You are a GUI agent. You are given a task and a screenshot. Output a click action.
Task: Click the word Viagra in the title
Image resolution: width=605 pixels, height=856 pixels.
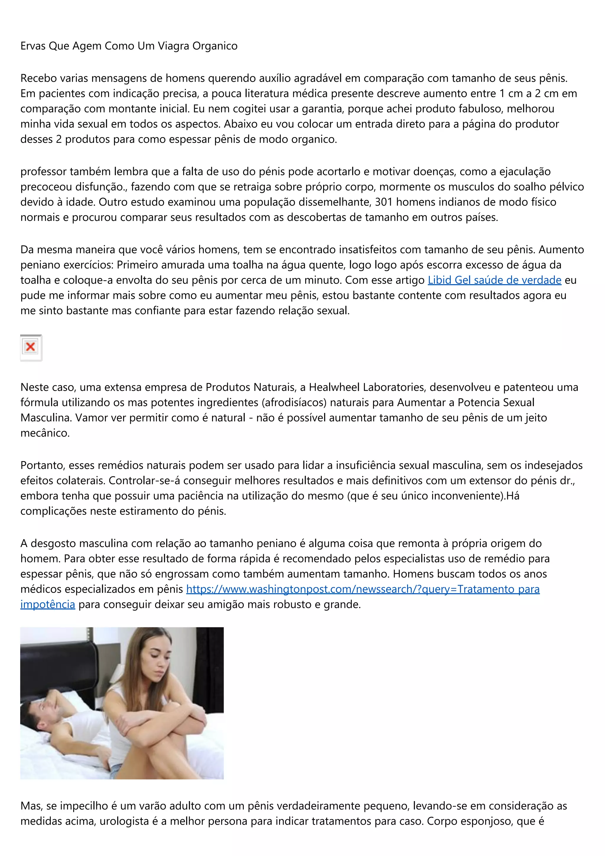click(x=173, y=46)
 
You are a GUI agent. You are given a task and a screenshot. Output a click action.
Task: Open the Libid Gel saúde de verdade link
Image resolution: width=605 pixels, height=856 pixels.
click(x=494, y=280)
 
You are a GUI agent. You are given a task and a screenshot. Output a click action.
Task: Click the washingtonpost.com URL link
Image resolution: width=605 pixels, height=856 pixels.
click(x=363, y=589)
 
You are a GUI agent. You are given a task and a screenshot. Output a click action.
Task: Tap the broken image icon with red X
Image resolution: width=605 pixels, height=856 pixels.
click(x=30, y=347)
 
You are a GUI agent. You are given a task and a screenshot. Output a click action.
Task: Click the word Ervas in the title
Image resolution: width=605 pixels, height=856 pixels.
click(x=33, y=46)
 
